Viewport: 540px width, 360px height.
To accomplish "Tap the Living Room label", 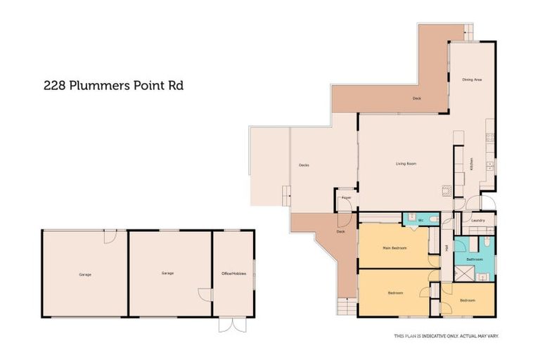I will pos(406,164).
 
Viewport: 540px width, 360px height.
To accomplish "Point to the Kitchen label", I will pos(470,165).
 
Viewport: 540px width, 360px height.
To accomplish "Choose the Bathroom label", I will pos(475,259).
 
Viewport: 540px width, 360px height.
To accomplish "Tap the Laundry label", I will pos(478,221).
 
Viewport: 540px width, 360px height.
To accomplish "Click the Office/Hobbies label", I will pos(232,274).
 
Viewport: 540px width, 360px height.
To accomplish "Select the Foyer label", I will pos(346,198).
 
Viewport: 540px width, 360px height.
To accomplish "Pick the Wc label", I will pos(420,220).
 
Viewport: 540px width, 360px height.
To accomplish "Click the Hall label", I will pos(447,247).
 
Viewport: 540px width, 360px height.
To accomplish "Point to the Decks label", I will pos(304,165).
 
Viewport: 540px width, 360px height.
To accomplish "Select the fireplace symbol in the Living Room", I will pos(445,188).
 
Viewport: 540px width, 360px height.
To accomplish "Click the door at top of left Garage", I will pos(109,237).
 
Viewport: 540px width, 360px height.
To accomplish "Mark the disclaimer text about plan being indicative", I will pos(446,337).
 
